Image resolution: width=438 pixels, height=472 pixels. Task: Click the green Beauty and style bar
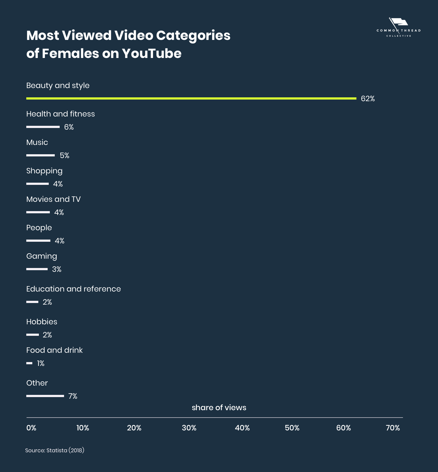[191, 98]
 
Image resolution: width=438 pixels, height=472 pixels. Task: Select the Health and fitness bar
[43, 127]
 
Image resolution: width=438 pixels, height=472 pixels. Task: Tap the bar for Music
[41, 155]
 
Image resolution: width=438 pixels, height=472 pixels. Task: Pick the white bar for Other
[45, 396]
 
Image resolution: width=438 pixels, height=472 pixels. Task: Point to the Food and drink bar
[29, 363]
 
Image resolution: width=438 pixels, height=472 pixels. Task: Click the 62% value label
[368, 99]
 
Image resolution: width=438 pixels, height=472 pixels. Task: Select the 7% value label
[73, 396]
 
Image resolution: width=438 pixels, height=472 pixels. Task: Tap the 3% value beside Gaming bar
[57, 269]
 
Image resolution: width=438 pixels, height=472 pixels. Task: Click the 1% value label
[41, 363]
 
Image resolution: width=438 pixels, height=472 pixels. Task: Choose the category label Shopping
[44, 171]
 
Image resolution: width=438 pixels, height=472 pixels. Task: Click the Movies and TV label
[53, 199]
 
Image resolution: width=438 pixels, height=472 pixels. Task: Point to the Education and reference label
[73, 289]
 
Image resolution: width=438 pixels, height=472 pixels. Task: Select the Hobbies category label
[42, 322]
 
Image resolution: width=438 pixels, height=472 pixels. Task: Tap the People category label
[39, 228]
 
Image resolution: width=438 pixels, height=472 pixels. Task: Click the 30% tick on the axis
[189, 428]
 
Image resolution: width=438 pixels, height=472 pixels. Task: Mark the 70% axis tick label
[393, 428]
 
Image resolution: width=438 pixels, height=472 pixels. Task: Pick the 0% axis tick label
[31, 428]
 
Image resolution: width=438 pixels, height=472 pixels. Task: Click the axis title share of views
[219, 408]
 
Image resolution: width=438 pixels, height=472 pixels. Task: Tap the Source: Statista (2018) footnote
[55, 450]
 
